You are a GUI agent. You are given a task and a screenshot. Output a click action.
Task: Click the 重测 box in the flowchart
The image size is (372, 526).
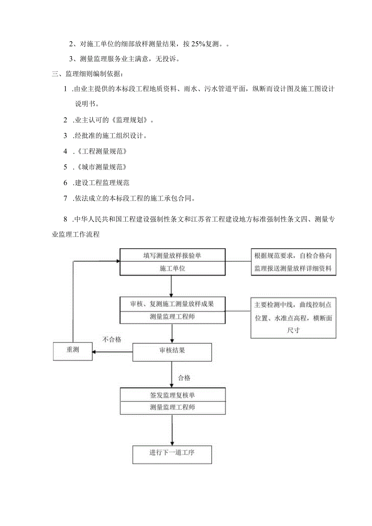coord(73,351)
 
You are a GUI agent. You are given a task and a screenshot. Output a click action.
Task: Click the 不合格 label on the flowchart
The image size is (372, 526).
coord(112,340)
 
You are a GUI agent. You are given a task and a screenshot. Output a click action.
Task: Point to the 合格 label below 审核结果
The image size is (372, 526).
coord(184,378)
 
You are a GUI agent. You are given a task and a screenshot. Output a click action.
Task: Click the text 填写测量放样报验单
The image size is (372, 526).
coord(172,255)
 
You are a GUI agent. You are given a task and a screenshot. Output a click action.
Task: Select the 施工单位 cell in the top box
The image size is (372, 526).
coord(172,268)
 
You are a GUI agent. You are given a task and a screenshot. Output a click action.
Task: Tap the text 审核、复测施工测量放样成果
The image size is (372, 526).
coord(172,304)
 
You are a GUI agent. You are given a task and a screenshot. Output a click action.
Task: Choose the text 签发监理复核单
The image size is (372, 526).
coord(172,395)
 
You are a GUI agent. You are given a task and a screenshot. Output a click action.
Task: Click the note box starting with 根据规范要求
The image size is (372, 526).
coord(293,262)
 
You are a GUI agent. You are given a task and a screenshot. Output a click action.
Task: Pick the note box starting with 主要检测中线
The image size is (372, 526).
coord(293,317)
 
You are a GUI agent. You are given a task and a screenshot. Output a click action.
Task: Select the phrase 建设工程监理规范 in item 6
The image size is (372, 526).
coord(102,183)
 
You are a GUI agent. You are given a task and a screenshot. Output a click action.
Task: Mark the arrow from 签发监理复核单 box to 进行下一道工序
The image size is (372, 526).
coord(172,431)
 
